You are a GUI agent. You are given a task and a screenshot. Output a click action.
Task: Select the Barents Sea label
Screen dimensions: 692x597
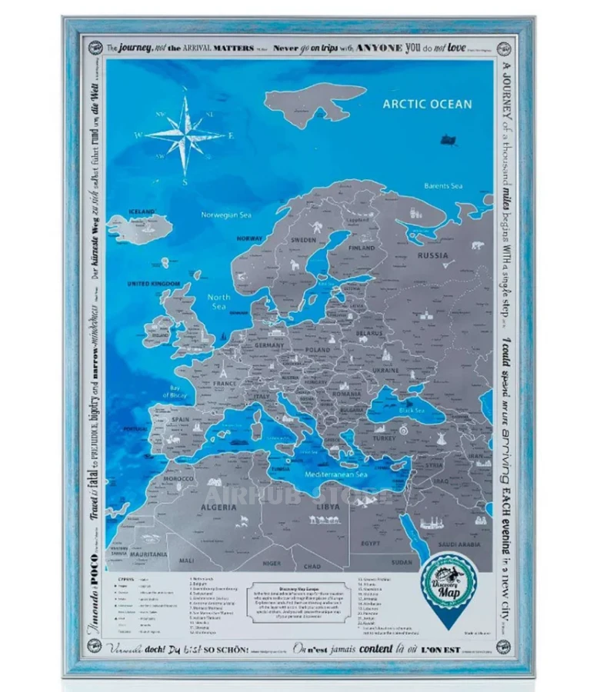pos(444,185)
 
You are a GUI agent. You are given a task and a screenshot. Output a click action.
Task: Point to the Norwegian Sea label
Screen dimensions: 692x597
pos(226,215)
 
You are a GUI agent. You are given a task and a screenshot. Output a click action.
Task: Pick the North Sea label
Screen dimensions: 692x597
pos(219,301)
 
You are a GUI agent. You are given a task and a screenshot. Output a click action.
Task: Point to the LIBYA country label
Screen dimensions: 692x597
pos(327,507)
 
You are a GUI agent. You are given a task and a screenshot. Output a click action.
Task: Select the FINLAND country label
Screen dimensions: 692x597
pos(362,248)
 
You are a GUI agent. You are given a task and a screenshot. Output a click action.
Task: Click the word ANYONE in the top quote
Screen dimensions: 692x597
pos(379,48)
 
